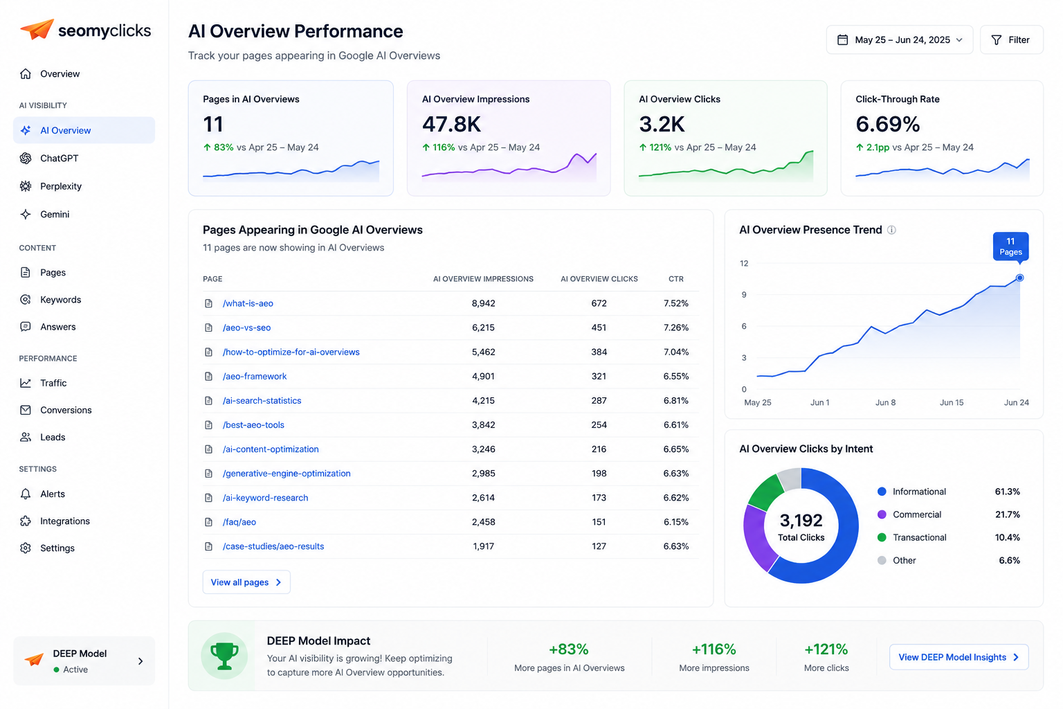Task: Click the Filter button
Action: [1011, 40]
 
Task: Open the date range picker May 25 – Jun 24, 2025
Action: [899, 40]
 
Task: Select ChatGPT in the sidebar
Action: [59, 158]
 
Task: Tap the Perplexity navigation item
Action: [61, 186]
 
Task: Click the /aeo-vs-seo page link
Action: [247, 327]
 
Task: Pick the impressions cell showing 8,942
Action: [483, 303]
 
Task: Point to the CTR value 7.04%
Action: [675, 352]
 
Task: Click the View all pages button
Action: [246, 582]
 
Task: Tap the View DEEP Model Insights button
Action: [958, 657]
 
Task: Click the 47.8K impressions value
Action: [451, 125]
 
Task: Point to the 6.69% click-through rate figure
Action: [887, 125]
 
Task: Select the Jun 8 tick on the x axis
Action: [886, 403]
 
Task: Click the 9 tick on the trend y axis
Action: [744, 295]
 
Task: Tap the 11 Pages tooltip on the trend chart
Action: [1011, 246]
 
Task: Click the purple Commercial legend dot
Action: [882, 514]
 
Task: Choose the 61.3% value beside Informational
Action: [1007, 492]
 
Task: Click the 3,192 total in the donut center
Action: [801, 521]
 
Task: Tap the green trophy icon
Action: [224, 656]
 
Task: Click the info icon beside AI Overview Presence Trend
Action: [891, 231]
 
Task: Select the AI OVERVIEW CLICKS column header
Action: [599, 279]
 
